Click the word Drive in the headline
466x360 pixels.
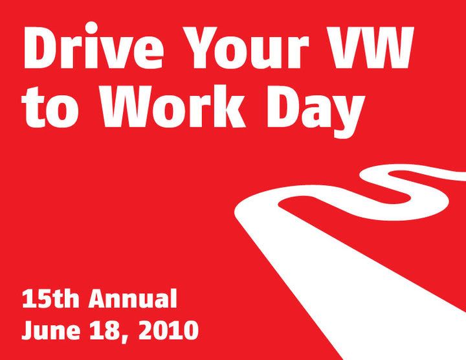click(93, 45)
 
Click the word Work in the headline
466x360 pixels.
click(173, 106)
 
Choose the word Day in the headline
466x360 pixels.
click(316, 111)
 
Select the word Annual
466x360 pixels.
click(133, 298)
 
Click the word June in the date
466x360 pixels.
click(51, 330)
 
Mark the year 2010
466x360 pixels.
click(168, 330)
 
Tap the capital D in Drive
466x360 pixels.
click(43, 48)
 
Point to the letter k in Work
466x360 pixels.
click(227, 106)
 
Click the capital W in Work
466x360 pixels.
click(129, 107)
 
